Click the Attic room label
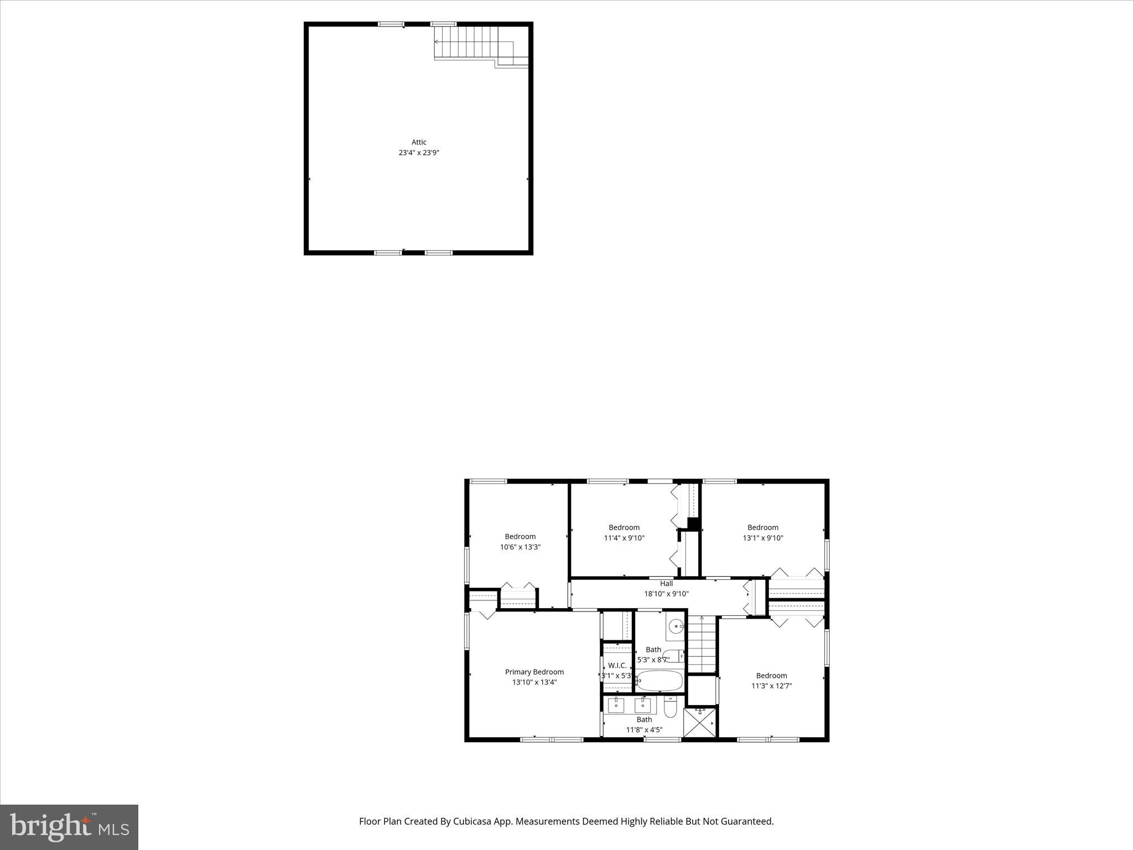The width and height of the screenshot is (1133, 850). pyautogui.click(x=419, y=142)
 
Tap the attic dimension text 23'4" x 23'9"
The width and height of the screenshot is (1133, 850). pyautogui.click(x=419, y=153)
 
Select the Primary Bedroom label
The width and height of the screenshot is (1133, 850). pyautogui.click(x=534, y=672)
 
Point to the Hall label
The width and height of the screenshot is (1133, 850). pyautogui.click(x=666, y=583)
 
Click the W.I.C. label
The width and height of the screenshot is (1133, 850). pyautogui.click(x=617, y=665)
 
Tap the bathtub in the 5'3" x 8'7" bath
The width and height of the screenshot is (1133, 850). pyautogui.click(x=659, y=681)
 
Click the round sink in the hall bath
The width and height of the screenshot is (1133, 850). pyautogui.click(x=675, y=626)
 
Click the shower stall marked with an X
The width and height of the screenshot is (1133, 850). pyautogui.click(x=700, y=722)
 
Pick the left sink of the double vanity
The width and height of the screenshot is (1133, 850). pyautogui.click(x=616, y=705)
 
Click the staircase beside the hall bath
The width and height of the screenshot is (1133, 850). pyautogui.click(x=701, y=645)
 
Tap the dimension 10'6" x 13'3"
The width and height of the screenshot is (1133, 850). pyautogui.click(x=520, y=547)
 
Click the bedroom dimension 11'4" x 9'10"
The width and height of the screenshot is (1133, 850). pyautogui.click(x=624, y=538)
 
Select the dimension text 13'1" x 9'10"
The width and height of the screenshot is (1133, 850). pyautogui.click(x=763, y=538)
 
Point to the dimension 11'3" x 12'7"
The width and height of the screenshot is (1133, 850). pyautogui.click(x=771, y=686)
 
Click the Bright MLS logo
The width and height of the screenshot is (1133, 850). pyautogui.click(x=69, y=827)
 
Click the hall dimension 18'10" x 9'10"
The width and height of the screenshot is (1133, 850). pyautogui.click(x=666, y=594)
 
